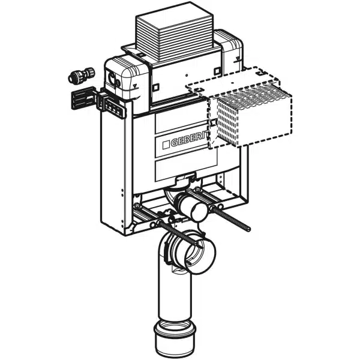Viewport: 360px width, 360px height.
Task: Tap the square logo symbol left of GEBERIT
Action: tap(166, 145)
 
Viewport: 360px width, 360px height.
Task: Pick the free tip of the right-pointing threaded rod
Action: tap(249, 229)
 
